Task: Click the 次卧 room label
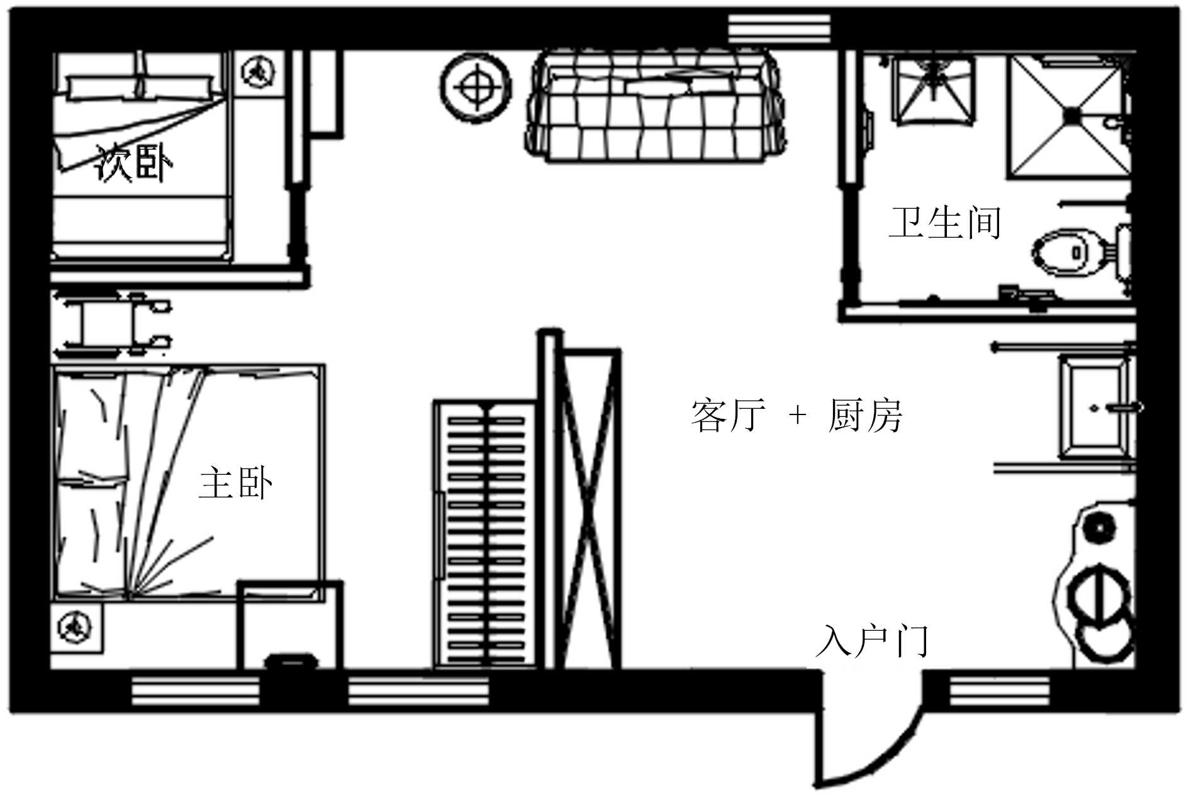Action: [133, 164]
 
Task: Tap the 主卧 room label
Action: [235, 483]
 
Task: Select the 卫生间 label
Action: [944, 223]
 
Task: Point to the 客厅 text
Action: [728, 416]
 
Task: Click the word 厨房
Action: [865, 416]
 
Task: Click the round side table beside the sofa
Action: [476, 86]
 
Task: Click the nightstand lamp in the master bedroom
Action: [75, 628]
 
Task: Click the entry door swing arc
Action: [881, 755]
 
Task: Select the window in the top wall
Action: [779, 28]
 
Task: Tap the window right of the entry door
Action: [999, 691]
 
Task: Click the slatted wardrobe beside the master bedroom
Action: [486, 535]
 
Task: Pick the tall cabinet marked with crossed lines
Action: [588, 509]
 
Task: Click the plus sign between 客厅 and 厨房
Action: [797, 415]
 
